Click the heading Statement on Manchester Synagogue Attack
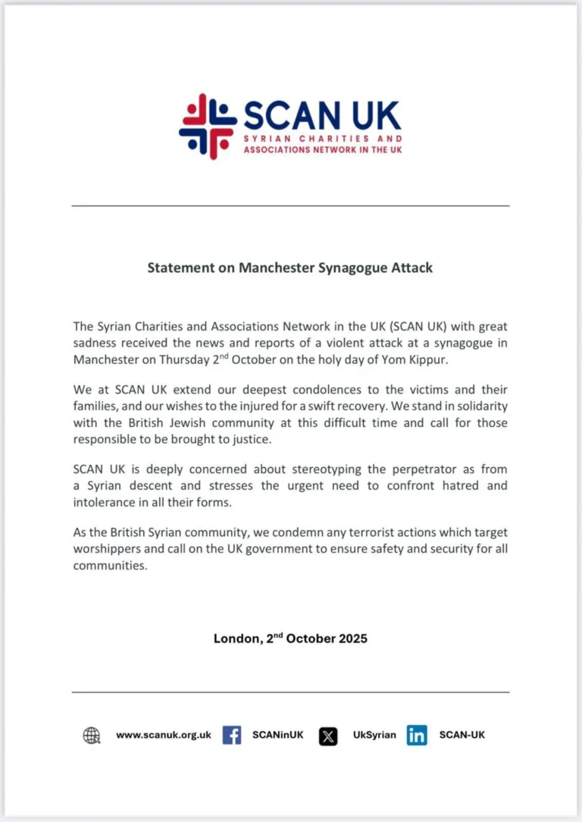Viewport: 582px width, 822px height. point(290,268)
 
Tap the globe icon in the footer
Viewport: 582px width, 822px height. point(92,735)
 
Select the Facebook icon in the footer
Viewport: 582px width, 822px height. point(232,735)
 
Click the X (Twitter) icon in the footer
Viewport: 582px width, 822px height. point(328,736)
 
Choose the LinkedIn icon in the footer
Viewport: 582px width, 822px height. point(417,735)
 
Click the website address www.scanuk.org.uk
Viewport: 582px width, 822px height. point(163,735)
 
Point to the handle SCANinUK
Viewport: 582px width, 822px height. point(278,735)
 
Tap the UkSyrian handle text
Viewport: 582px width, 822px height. point(374,735)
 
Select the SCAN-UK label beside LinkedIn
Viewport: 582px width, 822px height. point(462,735)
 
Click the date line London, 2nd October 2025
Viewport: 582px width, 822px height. point(290,638)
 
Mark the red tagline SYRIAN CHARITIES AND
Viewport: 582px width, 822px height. point(323,140)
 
